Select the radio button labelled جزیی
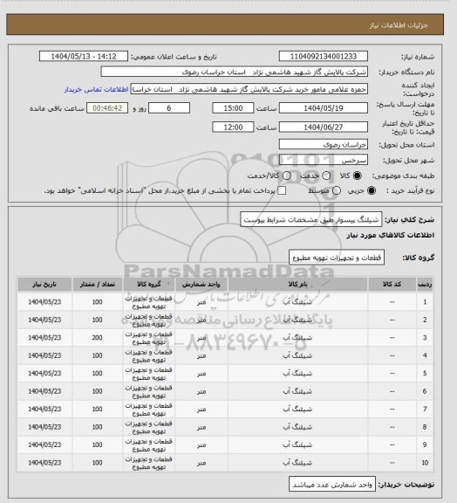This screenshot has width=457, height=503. point(351,189)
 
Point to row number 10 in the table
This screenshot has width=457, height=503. point(425,460)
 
